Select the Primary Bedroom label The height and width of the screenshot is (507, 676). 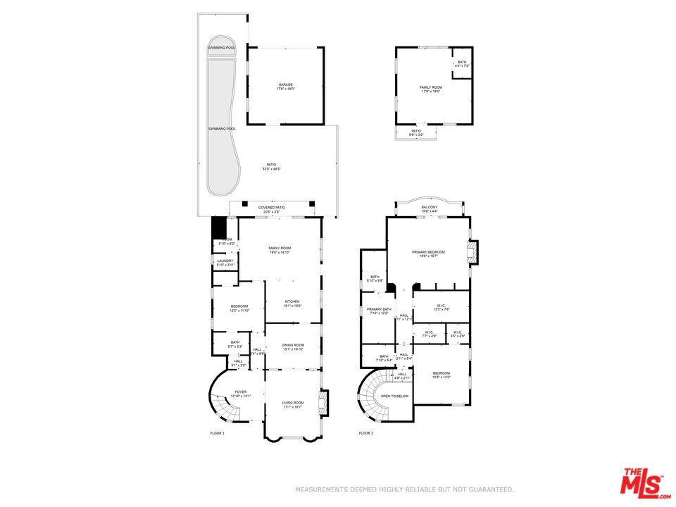pos(429,254)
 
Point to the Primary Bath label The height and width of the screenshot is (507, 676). pos(379,311)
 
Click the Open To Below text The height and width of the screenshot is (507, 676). pos(395,396)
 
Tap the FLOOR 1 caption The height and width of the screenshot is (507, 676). pos(217,433)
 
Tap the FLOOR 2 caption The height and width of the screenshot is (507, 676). pos(365,433)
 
